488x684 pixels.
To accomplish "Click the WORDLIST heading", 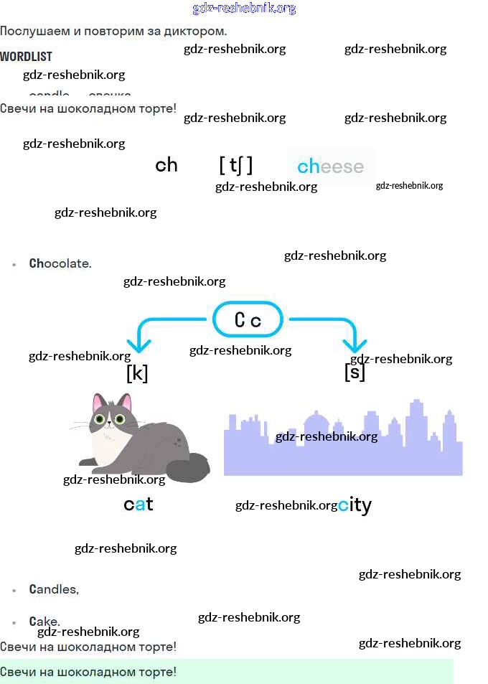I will (26, 56).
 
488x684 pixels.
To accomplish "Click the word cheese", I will (331, 167).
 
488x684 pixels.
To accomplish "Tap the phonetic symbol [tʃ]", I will (236, 166).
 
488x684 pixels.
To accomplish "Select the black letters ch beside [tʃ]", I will (166, 166).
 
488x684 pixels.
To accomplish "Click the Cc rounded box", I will (248, 319).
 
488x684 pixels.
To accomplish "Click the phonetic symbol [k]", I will (137, 373).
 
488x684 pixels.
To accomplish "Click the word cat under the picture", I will (139, 505).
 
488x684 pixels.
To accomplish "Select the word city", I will (355, 505).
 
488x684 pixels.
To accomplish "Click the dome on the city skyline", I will (317, 421).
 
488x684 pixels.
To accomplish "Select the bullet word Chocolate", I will (60, 263).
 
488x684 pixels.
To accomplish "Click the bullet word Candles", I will (54, 589).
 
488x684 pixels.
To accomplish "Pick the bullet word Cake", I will (44, 621).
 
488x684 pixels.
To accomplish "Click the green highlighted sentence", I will (88, 672).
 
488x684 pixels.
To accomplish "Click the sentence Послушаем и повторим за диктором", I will (113, 32).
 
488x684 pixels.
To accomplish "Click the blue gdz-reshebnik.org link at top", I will (244, 9).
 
